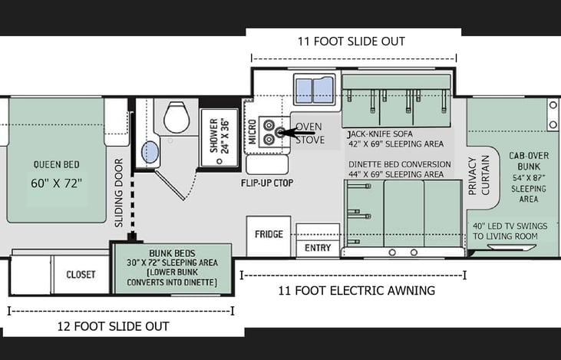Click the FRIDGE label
[x=269, y=234]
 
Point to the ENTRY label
[x=318, y=248]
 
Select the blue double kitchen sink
[x=313, y=90]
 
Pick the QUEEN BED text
[x=57, y=164]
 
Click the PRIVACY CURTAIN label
[x=477, y=177]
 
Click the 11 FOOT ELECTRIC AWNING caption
[x=356, y=290]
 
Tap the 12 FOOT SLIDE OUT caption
[x=114, y=326]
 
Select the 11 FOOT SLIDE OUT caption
[x=353, y=41]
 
